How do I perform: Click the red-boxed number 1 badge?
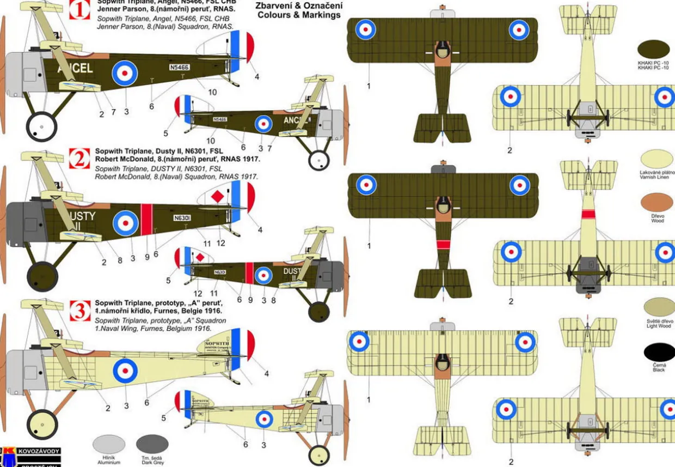[80, 10]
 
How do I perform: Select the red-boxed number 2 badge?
[80, 159]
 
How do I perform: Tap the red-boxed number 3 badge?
[80, 311]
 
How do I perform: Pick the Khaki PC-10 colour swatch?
[653, 50]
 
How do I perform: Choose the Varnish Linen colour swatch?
[656, 159]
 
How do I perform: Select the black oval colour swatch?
[659, 352]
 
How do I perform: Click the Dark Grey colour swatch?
[152, 444]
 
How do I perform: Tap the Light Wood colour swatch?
[659, 307]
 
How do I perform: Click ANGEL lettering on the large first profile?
[75, 68]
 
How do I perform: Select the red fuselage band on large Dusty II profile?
[146, 220]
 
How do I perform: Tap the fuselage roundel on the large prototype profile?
[125, 371]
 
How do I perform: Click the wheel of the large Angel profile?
[41, 126]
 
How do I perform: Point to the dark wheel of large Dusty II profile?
[42, 276]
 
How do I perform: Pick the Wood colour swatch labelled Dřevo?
[656, 202]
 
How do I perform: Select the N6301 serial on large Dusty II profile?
[181, 218]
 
